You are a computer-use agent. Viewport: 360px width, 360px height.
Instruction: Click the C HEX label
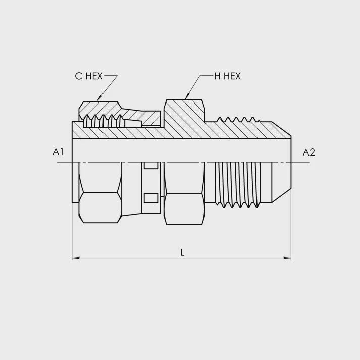89,76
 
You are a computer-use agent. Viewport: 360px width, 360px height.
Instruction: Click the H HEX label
228,76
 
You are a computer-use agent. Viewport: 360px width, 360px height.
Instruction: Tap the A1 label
58,152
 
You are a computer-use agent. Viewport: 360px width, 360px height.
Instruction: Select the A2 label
309,152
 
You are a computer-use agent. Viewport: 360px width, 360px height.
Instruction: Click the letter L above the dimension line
182,253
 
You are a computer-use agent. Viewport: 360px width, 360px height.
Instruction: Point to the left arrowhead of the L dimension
76,258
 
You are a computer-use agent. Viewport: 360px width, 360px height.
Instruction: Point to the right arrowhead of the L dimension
287,258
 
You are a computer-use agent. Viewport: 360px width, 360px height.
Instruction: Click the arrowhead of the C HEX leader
99,98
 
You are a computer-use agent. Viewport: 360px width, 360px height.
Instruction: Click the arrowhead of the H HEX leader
187,96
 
